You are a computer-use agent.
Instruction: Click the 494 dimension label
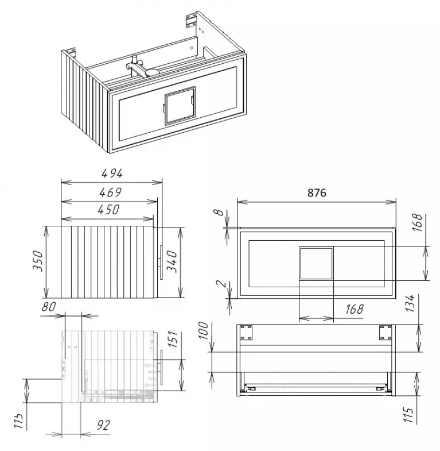point(112,174)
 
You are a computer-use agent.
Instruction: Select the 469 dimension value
point(111,192)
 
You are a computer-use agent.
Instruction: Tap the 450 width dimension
point(108,210)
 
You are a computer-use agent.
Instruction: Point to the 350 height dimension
point(38,261)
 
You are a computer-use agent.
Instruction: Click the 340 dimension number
point(172,261)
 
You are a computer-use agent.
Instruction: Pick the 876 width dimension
point(317,192)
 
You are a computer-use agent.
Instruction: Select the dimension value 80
point(49,307)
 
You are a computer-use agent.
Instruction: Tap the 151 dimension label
point(173,340)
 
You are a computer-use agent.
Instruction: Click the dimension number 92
point(103,425)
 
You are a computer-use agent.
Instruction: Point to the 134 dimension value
point(410,303)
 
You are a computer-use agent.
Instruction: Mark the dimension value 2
point(221,284)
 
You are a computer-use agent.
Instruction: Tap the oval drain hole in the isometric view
point(153,72)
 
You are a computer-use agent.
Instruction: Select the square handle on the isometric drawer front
point(180,106)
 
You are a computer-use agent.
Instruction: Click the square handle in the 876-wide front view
point(316,264)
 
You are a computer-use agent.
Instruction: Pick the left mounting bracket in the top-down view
point(246,332)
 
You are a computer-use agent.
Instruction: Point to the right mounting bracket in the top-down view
point(386,332)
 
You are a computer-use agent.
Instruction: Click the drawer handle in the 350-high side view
point(161,263)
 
